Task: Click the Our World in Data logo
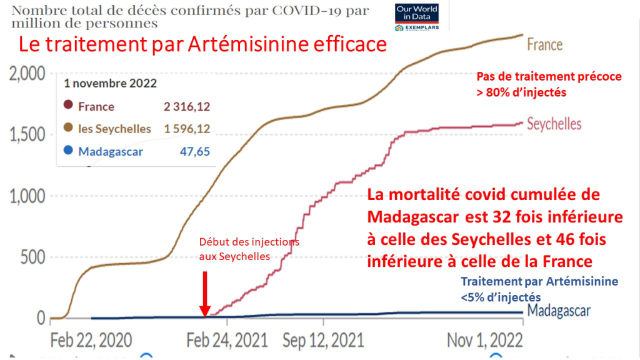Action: tap(416, 17)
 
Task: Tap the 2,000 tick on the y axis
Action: tap(27, 74)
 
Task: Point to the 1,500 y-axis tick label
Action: tap(27, 135)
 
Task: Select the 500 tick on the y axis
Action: tap(32, 257)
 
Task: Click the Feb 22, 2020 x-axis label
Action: tap(91, 340)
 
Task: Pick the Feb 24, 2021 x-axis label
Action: tap(226, 340)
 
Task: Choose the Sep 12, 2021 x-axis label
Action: tap(324, 340)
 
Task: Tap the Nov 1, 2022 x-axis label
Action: tap(485, 340)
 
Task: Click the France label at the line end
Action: tap(544, 45)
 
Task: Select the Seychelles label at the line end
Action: tap(554, 124)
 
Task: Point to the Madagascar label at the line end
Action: tap(559, 311)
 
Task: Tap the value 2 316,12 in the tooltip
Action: tap(187, 107)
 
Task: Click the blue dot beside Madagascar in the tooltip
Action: tap(67, 151)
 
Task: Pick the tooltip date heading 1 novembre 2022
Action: tap(111, 83)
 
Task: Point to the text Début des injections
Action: tap(249, 242)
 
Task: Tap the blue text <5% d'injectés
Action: tap(501, 298)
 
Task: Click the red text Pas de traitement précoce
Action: tap(549, 77)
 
